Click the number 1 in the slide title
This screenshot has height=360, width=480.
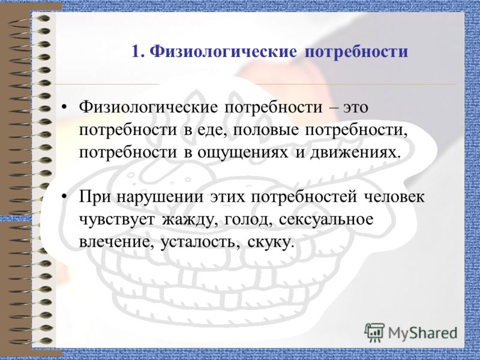(x=136, y=52)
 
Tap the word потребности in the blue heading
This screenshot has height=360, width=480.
(x=356, y=52)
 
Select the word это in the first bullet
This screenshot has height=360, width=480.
(x=355, y=109)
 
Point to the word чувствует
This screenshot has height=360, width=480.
(x=118, y=220)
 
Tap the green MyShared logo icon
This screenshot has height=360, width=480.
(x=374, y=332)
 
